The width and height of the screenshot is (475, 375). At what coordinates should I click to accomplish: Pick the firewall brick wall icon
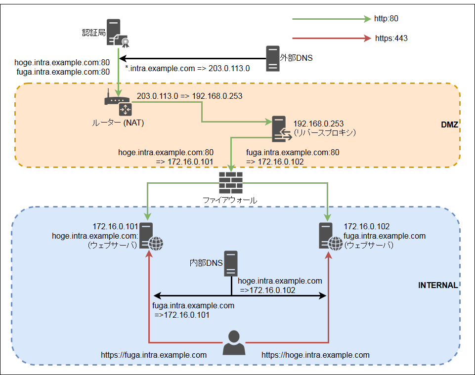pyautogui.click(x=231, y=183)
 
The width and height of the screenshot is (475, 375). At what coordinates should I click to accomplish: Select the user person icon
pyautogui.click(x=234, y=343)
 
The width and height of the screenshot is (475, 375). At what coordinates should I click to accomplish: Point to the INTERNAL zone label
pyautogui.click(x=438, y=285)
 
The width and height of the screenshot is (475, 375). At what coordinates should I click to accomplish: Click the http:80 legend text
pyautogui.click(x=387, y=19)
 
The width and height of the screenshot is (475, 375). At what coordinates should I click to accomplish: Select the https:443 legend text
pyautogui.click(x=390, y=38)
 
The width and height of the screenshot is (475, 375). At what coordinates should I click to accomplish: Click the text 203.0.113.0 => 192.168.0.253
pyautogui.click(x=189, y=96)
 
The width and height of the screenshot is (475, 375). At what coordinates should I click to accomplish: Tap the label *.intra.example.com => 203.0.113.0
pyautogui.click(x=187, y=69)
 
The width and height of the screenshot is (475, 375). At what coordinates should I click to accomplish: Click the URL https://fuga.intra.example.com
pyautogui.click(x=154, y=355)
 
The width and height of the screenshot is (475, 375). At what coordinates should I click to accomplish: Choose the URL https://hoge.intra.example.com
pyautogui.click(x=315, y=355)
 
